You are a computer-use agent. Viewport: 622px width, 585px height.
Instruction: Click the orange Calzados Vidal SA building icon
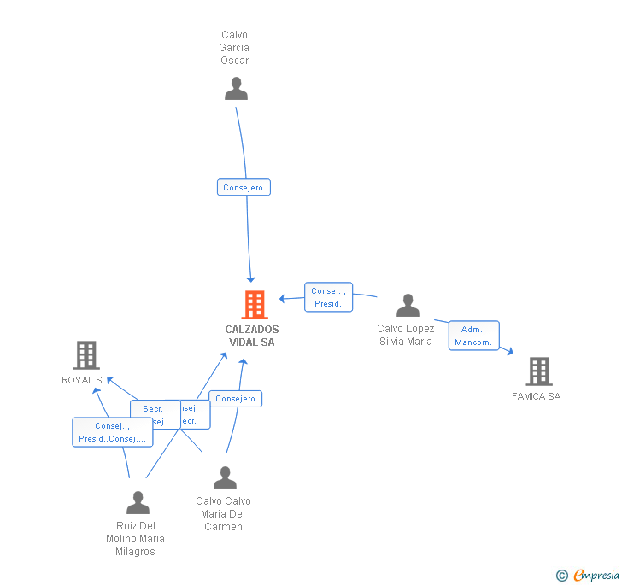click(x=255, y=305)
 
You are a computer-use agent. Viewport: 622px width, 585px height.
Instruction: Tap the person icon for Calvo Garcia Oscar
click(x=236, y=89)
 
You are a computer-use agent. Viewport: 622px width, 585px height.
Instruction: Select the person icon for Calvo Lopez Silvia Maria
click(x=408, y=306)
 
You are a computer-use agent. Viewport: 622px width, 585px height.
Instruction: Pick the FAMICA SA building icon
click(x=538, y=371)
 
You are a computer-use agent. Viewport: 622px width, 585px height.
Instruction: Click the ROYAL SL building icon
click(x=86, y=355)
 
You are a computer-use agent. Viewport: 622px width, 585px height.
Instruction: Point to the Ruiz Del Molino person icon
click(x=138, y=503)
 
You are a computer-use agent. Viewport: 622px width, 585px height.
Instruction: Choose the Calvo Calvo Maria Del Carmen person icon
click(x=225, y=478)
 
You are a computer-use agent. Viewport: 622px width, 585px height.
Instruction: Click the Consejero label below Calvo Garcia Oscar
click(x=244, y=188)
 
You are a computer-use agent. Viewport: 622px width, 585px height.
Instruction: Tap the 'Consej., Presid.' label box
click(x=328, y=297)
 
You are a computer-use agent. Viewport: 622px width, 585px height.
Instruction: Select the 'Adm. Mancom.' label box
click(x=473, y=336)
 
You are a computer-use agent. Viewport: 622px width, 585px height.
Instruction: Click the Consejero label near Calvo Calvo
click(x=236, y=399)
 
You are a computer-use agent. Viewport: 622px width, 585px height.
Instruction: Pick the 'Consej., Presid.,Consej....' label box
click(x=112, y=432)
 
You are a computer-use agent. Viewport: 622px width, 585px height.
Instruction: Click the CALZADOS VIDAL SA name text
click(x=252, y=336)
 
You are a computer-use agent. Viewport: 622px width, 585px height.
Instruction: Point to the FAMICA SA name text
click(x=537, y=396)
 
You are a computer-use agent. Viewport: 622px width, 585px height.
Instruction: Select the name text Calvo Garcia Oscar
click(x=234, y=48)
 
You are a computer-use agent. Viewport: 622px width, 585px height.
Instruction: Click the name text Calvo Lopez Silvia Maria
click(x=406, y=335)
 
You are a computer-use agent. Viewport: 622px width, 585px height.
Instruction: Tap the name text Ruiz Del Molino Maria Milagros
click(x=135, y=539)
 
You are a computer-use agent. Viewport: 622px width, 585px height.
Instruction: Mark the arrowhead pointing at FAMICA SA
click(x=510, y=351)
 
